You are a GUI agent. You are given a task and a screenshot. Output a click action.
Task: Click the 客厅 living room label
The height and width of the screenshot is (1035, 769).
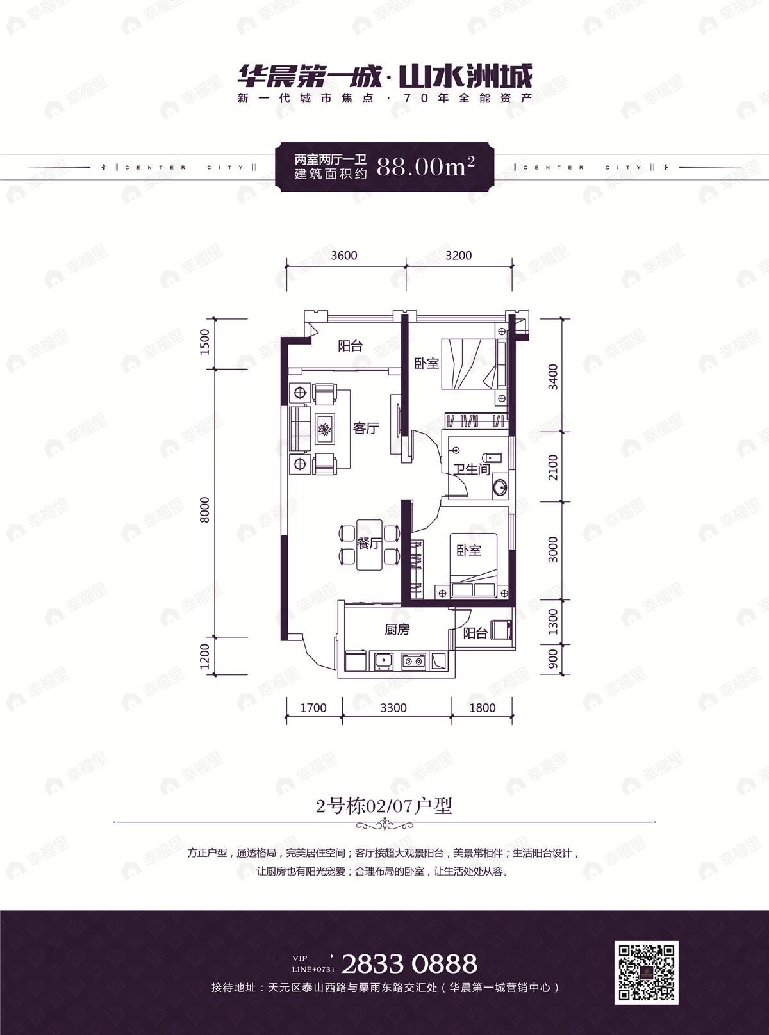365,428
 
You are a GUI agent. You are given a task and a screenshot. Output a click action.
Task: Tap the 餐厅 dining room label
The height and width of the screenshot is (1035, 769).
369,543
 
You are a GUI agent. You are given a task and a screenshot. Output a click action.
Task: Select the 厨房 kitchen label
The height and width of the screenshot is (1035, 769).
397,630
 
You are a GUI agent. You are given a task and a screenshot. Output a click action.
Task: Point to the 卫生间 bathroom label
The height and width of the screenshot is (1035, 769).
472,469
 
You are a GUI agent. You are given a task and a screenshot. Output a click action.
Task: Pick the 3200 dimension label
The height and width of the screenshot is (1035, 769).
458,256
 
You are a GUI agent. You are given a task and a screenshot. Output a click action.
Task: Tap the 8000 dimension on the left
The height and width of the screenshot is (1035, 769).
205,510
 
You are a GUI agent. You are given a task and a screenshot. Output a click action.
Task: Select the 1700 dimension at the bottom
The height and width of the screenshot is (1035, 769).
313,708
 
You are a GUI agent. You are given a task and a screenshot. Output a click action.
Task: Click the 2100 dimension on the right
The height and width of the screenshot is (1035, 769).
553,468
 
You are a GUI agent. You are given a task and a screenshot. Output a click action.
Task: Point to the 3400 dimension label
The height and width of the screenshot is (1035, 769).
553,377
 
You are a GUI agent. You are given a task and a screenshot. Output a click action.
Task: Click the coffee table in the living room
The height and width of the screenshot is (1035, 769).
324,429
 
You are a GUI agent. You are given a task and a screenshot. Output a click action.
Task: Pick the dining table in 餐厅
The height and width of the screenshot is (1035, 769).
369,544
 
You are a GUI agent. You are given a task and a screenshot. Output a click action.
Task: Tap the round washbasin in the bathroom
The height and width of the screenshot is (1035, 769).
500,488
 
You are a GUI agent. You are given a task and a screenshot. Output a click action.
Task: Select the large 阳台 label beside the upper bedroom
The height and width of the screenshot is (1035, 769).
350,346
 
